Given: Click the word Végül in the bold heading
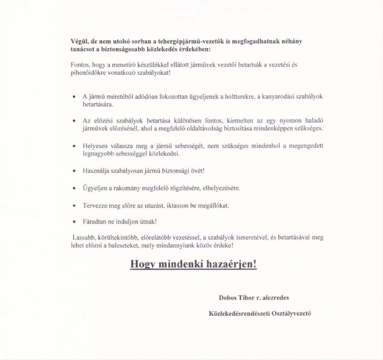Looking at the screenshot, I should [x=80, y=42].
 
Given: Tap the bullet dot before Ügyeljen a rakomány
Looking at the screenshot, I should [x=74, y=189].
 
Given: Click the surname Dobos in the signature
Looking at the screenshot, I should [x=229, y=298].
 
